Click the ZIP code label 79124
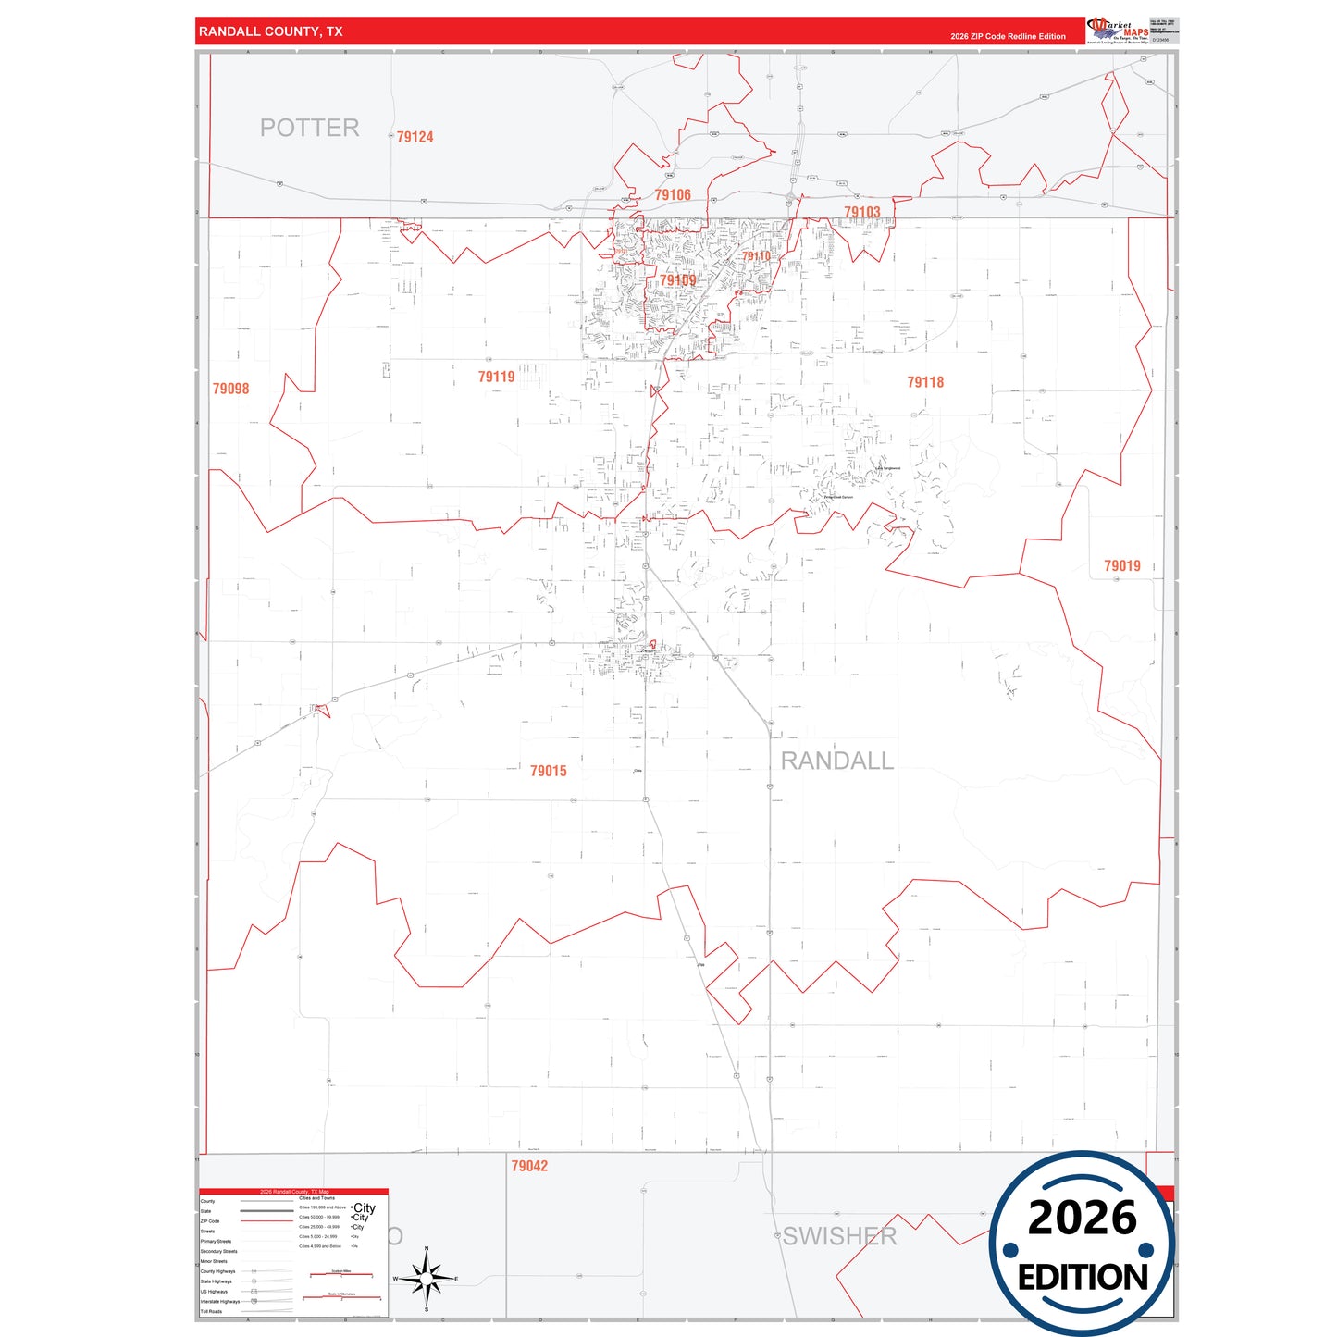[415, 137]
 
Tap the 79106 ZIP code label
[673, 195]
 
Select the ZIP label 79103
[861, 213]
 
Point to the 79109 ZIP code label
[677, 280]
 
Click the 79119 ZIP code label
[496, 378]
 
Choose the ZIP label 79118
[925, 382]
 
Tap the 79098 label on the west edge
[230, 390]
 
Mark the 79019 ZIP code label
[1121, 566]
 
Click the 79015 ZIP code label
[548, 771]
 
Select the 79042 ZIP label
[529, 1166]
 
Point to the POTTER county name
[309, 128]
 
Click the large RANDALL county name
[836, 761]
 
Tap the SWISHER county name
[839, 1236]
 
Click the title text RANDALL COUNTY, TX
[270, 31]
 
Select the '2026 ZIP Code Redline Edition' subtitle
[1008, 37]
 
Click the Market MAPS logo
[1119, 31]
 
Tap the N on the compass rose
[427, 1249]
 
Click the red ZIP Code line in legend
[266, 1221]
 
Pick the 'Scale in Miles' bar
[341, 1274]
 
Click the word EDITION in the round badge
[1083, 1278]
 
